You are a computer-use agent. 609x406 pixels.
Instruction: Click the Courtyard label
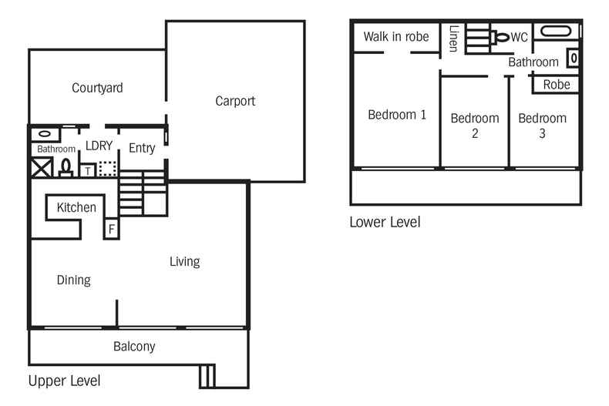(x=97, y=88)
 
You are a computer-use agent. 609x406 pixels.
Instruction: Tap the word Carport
(x=235, y=101)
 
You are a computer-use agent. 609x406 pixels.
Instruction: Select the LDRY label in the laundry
(x=99, y=146)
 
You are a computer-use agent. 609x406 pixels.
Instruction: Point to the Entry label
(x=142, y=148)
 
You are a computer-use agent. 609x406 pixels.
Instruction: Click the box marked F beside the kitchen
(x=111, y=229)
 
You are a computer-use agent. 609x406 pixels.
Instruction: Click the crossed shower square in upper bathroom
(x=41, y=168)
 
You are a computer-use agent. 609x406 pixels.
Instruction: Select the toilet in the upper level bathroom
(x=66, y=167)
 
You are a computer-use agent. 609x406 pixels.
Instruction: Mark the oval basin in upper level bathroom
(x=42, y=133)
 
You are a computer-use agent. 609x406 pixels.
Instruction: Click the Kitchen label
(x=76, y=207)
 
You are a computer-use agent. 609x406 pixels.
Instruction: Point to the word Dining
(x=74, y=280)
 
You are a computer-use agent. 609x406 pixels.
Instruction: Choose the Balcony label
(x=134, y=347)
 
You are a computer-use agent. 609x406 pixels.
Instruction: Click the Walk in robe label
(x=396, y=36)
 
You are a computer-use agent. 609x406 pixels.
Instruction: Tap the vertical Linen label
(x=453, y=39)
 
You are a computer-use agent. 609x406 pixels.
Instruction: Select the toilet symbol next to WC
(x=501, y=36)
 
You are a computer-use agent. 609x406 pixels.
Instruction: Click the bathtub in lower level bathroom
(x=556, y=32)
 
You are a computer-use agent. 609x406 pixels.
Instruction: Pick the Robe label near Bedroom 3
(x=557, y=84)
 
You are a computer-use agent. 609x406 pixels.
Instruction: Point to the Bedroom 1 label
(x=397, y=115)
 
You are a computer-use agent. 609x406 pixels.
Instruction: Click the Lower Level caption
(x=385, y=223)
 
